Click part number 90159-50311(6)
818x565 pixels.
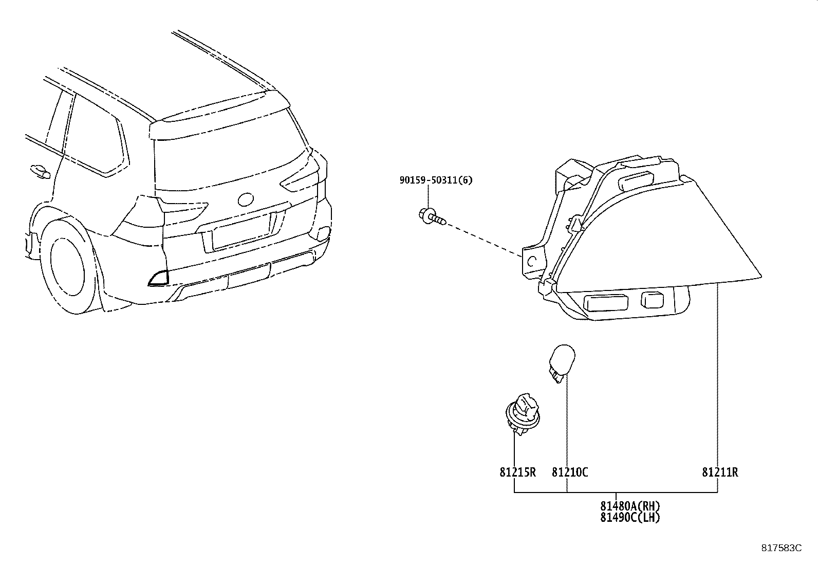click(436, 180)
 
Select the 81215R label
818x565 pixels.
click(517, 472)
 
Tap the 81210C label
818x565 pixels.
click(570, 472)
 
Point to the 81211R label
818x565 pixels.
click(720, 472)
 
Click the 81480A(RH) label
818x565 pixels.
click(630, 506)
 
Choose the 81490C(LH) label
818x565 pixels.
click(630, 518)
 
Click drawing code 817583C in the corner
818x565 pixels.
click(781, 548)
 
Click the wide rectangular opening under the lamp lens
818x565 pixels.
click(606, 302)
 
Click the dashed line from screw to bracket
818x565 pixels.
click(483, 239)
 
